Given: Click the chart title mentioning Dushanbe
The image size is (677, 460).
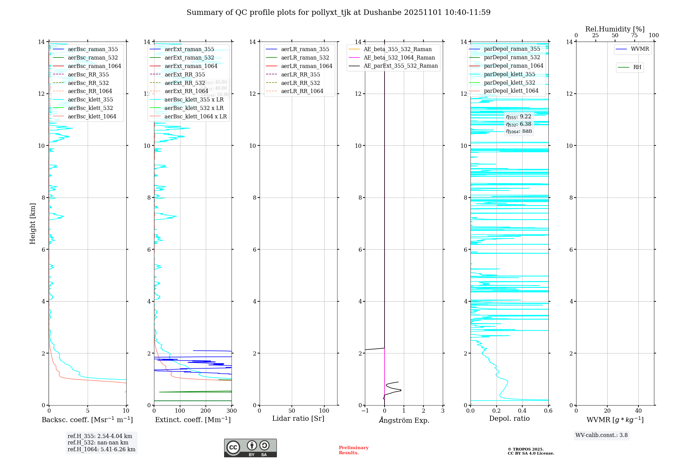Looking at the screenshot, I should (338, 13).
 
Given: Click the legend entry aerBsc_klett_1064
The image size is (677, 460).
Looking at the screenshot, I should (92, 116).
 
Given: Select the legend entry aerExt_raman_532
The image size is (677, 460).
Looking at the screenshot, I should (189, 57).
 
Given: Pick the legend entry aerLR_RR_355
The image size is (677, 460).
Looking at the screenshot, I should (300, 74).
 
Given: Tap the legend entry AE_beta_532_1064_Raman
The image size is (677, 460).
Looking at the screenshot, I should (399, 57).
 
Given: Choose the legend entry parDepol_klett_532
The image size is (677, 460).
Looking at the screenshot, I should (509, 83).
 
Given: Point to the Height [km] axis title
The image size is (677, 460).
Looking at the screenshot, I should (32, 223).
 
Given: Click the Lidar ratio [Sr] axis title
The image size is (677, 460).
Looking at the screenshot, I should (298, 418).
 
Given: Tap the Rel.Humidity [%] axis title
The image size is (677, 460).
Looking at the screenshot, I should (615, 29).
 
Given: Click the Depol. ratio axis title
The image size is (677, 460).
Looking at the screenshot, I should (509, 418).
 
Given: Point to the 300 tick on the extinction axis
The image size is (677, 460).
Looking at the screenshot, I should (232, 411).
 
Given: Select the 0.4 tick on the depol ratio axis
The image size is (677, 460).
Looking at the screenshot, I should (522, 411).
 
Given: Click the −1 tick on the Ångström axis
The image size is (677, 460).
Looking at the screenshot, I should (365, 411).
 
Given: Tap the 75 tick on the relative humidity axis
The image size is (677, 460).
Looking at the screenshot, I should (634, 36).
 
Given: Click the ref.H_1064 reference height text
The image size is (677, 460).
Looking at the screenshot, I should (101, 449).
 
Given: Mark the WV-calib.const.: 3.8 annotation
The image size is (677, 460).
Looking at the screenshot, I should (601, 435).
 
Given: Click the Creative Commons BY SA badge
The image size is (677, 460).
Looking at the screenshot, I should (250, 448).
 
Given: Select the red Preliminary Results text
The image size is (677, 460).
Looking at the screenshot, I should (353, 450).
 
